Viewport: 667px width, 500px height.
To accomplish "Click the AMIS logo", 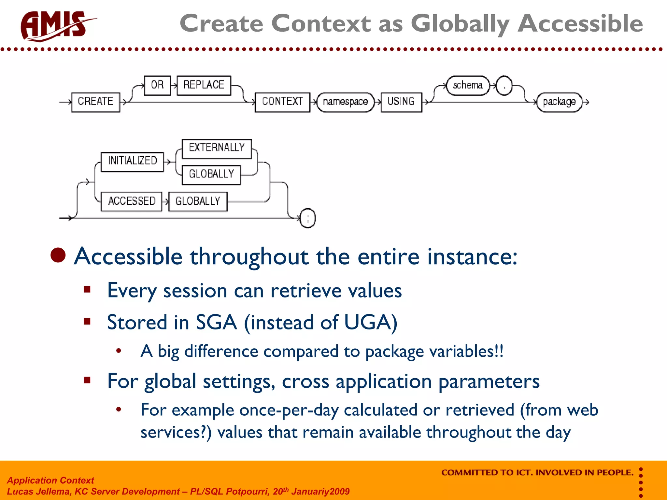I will tap(55, 26).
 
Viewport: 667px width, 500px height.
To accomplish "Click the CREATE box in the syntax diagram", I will tap(95, 102).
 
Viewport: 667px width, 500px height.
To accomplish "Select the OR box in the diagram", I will tap(157, 85).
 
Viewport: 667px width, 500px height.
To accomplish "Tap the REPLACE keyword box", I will tap(204, 85).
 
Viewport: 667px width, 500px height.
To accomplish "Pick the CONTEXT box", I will tap(282, 102).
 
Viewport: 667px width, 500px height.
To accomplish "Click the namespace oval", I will tap(345, 102).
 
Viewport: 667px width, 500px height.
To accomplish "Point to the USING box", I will tap(401, 102).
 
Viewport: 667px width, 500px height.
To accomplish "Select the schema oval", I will tap(467, 85).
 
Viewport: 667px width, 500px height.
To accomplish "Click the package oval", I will tap(559, 102).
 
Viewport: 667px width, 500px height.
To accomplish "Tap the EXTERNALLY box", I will tap(217, 148).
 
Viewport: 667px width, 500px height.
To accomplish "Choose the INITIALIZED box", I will tap(132, 161).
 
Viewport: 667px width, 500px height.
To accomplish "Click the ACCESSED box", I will tap(132, 201).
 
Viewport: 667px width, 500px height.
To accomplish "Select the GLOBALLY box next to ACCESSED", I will tap(198, 201).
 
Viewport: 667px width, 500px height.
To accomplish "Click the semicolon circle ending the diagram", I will tap(307, 218).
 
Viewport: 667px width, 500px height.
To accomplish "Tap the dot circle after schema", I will tap(504, 86).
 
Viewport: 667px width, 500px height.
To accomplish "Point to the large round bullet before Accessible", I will tap(58, 255).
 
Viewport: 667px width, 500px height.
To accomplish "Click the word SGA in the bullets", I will tap(216, 323).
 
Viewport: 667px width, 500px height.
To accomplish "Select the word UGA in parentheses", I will tap(367, 323).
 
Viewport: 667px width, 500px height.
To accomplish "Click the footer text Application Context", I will tap(50, 480).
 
